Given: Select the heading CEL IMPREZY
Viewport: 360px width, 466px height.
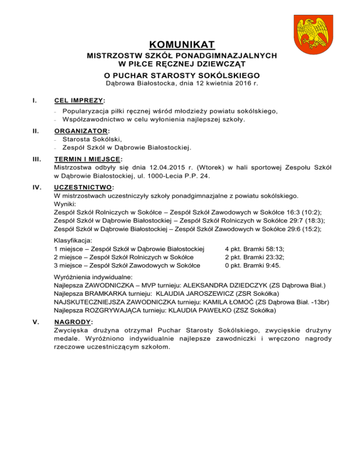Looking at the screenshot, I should [x=79, y=100].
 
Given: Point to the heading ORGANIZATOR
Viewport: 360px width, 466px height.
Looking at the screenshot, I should [x=84, y=131].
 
